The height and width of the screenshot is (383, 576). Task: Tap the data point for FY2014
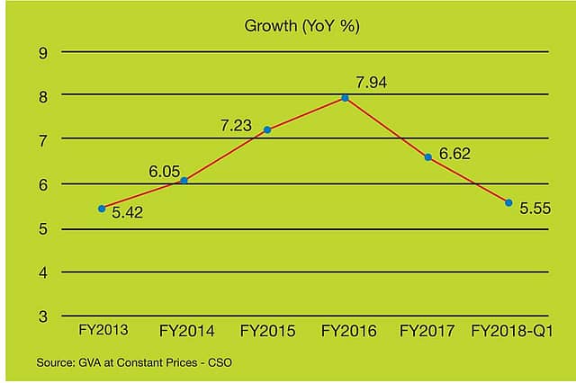[x=184, y=181]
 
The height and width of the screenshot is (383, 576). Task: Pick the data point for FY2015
[x=267, y=129]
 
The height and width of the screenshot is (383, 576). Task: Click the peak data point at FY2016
[x=345, y=97]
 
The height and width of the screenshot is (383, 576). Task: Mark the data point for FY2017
[x=428, y=157]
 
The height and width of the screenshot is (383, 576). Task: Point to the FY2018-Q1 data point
[x=508, y=202]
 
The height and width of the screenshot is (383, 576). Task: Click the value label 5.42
[x=128, y=214]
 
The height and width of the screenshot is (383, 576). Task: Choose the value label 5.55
[x=536, y=208]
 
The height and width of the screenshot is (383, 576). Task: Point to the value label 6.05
[x=166, y=170]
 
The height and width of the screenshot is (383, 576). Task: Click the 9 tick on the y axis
[x=42, y=52]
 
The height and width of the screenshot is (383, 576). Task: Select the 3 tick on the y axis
[x=42, y=316]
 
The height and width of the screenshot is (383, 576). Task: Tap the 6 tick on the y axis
[x=42, y=184]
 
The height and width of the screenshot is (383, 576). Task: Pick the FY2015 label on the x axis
[x=267, y=331]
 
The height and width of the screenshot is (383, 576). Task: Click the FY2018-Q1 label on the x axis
[x=512, y=331]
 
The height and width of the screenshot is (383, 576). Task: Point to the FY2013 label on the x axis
[x=103, y=330]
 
